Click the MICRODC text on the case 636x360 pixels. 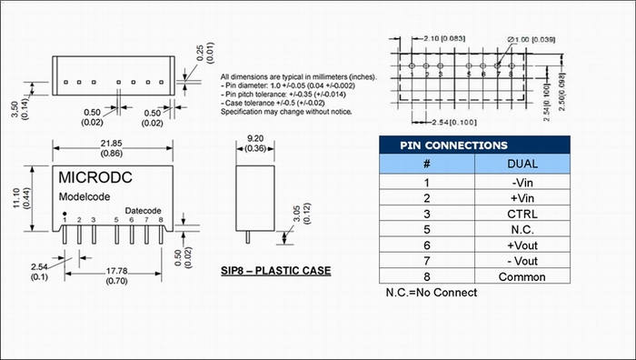tap(95, 177)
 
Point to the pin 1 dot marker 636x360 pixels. tap(65, 214)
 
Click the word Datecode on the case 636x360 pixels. tap(143, 211)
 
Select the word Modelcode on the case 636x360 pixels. tap(84, 197)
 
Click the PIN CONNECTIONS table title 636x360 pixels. tap(453, 145)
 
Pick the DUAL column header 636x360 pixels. tap(522, 164)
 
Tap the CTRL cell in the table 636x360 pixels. tap(522, 214)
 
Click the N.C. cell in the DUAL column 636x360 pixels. tap(522, 230)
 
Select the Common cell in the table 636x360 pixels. tap(522, 276)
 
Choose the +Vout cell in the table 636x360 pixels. tap(522, 245)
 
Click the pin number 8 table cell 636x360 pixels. tap(427, 276)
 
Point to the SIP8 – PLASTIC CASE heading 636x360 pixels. tap(276, 271)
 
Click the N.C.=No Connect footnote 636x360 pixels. tap(432, 293)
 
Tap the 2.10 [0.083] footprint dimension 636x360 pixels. tap(444, 38)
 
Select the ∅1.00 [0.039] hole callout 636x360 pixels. tap(531, 39)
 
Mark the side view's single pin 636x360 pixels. tap(248, 237)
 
